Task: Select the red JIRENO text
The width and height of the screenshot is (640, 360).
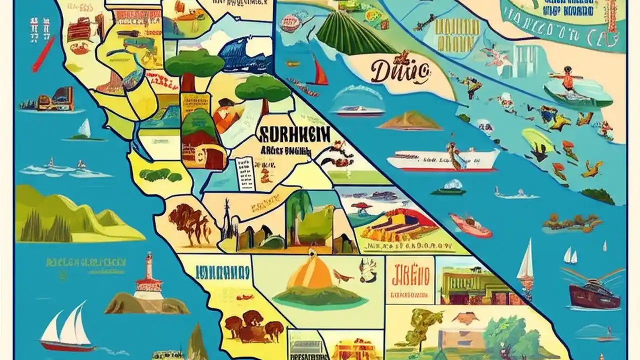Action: pos(409,275)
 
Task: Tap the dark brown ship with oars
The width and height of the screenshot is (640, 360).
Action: pos(594,290)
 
